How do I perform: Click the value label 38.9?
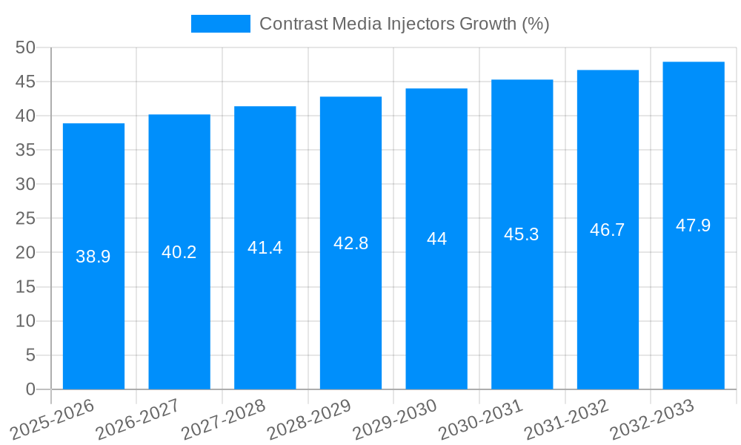click(x=93, y=257)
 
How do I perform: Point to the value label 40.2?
click(x=179, y=252)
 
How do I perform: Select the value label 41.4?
click(x=265, y=248)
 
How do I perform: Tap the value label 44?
click(x=436, y=239)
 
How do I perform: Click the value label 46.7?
click(x=608, y=230)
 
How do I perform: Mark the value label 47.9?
click(x=694, y=225)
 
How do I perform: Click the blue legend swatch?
click(x=220, y=24)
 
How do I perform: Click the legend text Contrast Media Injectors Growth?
click(x=404, y=24)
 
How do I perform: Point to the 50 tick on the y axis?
click(x=26, y=47)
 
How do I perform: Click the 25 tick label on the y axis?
click(x=26, y=219)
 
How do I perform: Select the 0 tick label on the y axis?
click(x=30, y=389)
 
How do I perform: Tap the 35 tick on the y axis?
click(x=26, y=150)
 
